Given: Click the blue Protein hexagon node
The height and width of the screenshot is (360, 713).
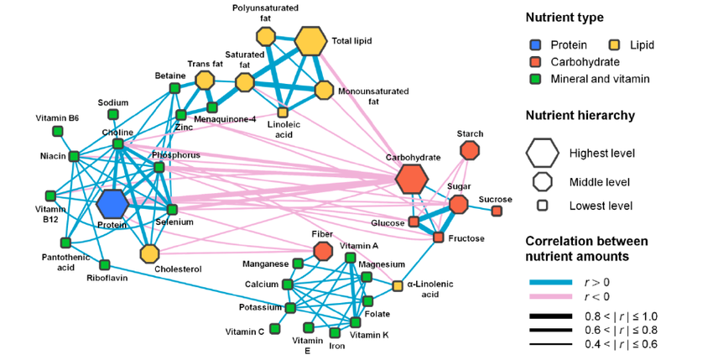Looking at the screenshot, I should tap(112, 203).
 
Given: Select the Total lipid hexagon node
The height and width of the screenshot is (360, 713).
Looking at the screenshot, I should tap(310, 39).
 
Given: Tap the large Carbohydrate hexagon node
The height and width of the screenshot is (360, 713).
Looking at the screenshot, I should tap(411, 179).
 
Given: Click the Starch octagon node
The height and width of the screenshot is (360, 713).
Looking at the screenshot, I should tap(470, 149).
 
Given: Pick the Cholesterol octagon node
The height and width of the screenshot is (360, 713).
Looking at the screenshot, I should tap(149, 253).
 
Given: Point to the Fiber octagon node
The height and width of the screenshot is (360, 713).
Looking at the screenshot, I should tap(322, 250).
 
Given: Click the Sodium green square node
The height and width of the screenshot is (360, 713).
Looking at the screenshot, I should tap(113, 115).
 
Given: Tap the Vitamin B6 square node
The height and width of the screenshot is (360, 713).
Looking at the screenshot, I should tap(58, 131).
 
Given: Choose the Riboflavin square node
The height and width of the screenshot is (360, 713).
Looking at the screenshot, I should tap(105, 265).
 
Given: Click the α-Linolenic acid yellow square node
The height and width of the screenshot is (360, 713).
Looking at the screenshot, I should tap(398, 286).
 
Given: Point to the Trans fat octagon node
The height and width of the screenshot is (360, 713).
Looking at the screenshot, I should tap(204, 80).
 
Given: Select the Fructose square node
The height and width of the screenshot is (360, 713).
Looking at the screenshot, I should tap(438, 238).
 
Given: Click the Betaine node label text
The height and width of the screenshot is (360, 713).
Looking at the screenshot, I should tap(169, 76).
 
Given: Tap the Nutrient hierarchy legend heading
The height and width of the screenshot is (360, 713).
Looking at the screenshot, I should tap(578, 116).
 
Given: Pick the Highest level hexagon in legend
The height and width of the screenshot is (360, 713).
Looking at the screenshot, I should tap(541, 153).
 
